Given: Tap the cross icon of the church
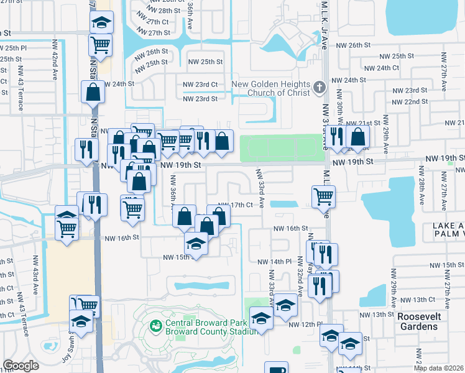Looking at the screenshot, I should pyautogui.click(x=320, y=86).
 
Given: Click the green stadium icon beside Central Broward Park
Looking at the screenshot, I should pyautogui.click(x=155, y=325).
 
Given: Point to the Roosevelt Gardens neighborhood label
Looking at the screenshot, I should pyautogui.click(x=428, y=321).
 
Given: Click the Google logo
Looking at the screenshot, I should pyautogui.click(x=21, y=366).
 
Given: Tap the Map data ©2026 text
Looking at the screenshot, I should pyautogui.click(x=439, y=368).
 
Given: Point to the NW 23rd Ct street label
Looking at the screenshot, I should pyautogui.click(x=200, y=84).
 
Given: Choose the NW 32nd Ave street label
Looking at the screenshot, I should pyautogui.click(x=300, y=281).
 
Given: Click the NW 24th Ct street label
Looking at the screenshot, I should pyautogui.click(x=380, y=68).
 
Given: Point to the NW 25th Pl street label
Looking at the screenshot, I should pyautogui.click(x=13, y=47).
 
